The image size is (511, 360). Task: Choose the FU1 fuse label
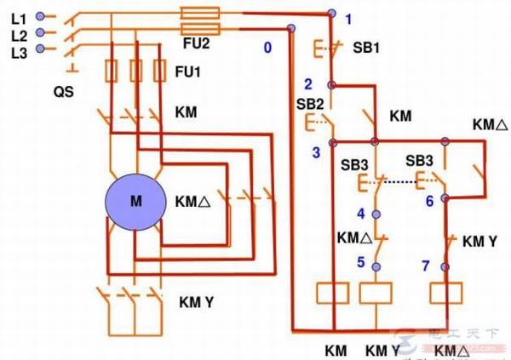pyautogui.click(x=188, y=72)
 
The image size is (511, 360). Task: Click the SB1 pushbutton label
pyautogui.click(x=366, y=48)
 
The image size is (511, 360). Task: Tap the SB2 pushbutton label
pyautogui.click(x=310, y=103)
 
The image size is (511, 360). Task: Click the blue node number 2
pyautogui.click(x=308, y=83)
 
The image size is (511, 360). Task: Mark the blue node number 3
pyautogui.click(x=315, y=151)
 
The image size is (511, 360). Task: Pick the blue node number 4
pyautogui.click(x=360, y=213)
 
